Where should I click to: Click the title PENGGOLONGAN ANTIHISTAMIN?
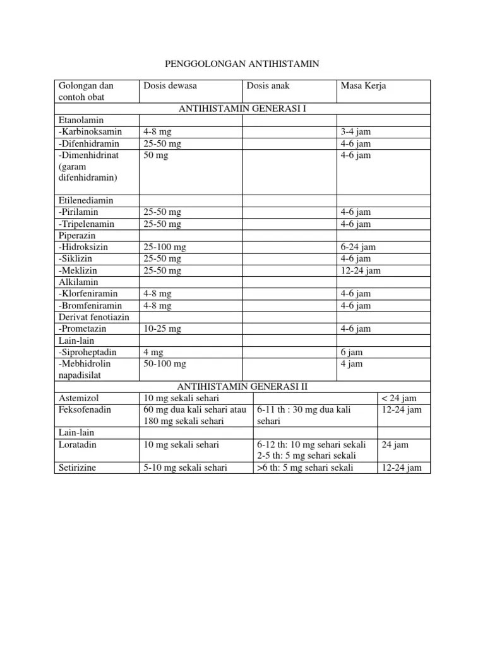click(242, 64)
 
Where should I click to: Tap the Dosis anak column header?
click(268, 86)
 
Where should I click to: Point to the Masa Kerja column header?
click(363, 86)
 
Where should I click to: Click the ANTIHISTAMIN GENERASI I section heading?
click(242, 109)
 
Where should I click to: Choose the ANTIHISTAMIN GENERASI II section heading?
click(243, 387)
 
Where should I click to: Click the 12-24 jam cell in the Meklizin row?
click(361, 270)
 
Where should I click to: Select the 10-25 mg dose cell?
click(162, 329)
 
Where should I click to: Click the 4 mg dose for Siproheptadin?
click(154, 352)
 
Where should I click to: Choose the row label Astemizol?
click(78, 398)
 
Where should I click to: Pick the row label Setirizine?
click(78, 468)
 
